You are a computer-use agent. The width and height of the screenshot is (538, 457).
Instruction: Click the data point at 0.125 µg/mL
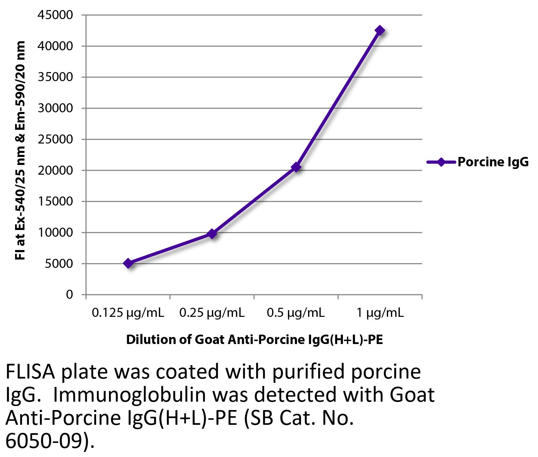(x=128, y=263)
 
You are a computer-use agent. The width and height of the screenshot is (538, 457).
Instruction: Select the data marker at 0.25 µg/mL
(x=212, y=234)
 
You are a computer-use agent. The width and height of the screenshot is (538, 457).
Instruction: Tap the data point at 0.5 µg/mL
(x=296, y=167)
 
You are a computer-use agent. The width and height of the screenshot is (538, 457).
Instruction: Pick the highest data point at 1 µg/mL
(x=380, y=31)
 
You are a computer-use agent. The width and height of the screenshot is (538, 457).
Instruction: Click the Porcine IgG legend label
(x=493, y=162)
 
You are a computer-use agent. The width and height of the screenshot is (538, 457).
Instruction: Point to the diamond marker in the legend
(x=441, y=162)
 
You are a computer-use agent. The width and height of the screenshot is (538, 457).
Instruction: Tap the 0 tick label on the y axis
(x=69, y=294)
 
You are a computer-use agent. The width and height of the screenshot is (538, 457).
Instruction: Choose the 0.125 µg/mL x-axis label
(x=128, y=313)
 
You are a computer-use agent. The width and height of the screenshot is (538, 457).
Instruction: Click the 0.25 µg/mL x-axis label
(x=212, y=313)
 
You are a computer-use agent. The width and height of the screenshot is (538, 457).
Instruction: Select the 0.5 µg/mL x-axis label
(x=296, y=313)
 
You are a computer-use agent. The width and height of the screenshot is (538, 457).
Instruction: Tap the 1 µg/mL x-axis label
(x=380, y=313)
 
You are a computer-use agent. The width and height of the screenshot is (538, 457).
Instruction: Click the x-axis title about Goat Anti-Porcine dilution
(x=254, y=340)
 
